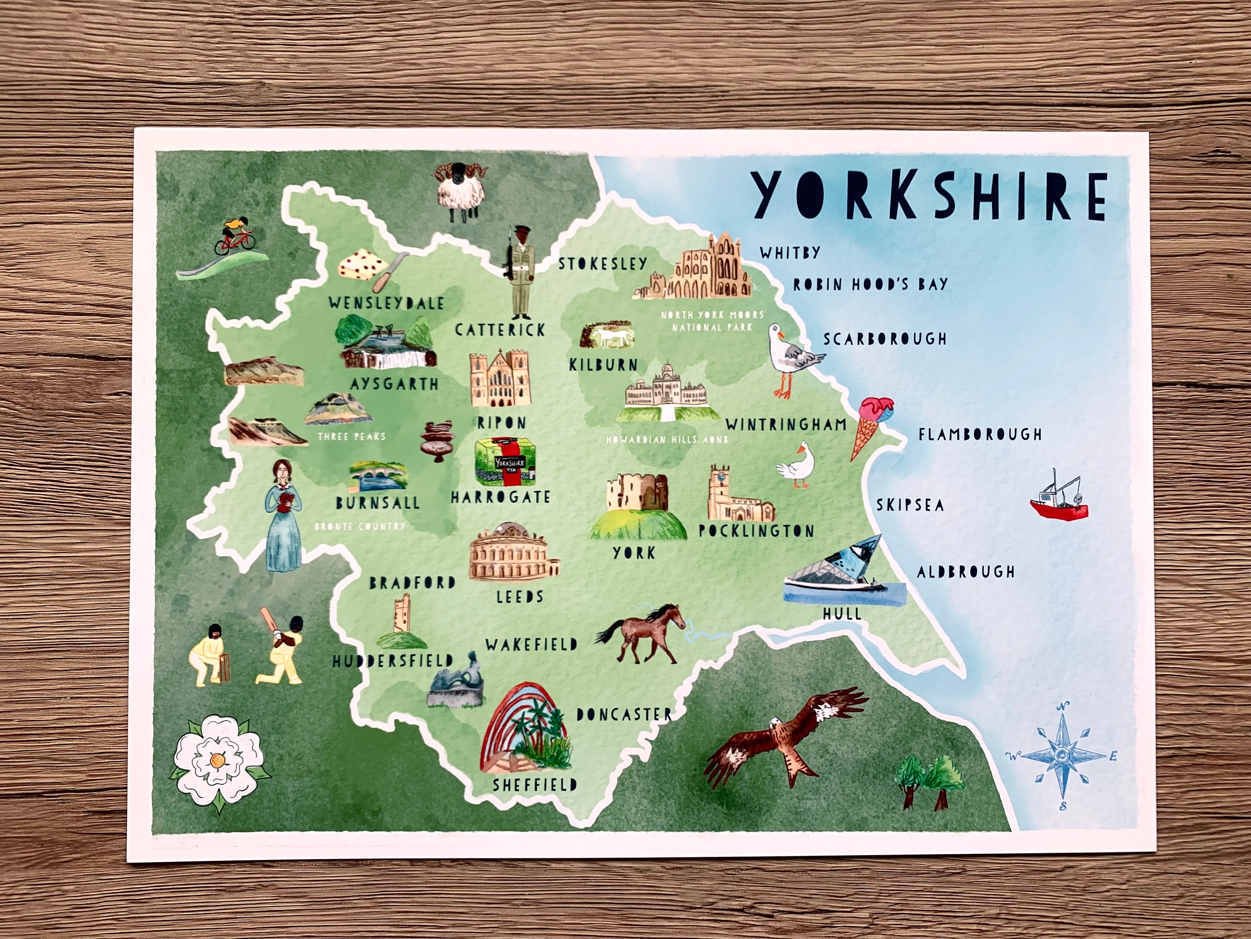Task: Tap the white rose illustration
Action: [x=219, y=760]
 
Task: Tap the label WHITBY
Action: [x=789, y=252]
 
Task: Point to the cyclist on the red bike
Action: [x=234, y=237]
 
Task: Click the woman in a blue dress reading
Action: [x=283, y=514]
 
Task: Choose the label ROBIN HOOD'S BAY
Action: [x=870, y=284]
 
